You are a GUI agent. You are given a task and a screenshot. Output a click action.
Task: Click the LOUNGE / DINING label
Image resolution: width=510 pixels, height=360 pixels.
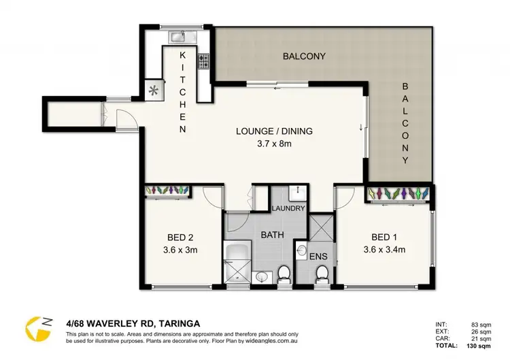tap(267, 131)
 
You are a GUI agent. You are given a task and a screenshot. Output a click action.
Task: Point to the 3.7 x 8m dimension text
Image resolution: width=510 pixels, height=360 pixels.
tap(268, 143)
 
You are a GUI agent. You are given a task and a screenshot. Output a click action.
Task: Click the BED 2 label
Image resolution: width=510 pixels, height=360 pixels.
tap(180, 238)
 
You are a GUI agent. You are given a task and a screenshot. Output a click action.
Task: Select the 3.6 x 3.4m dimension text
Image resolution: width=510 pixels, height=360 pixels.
tap(385, 249)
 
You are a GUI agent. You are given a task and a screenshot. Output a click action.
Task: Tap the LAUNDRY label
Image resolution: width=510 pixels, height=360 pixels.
tap(288, 208)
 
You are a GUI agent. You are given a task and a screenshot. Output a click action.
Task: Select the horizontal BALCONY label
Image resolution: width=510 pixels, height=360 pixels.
tap(304, 56)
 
